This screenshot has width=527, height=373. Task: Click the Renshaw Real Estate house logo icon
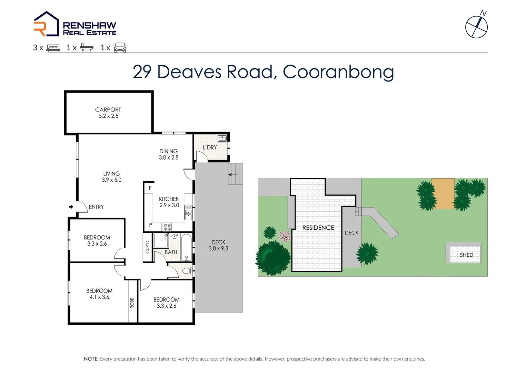(x=46, y=24)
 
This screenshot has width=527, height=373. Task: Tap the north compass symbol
(x=476, y=27)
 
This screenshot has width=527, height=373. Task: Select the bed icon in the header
(x=53, y=48)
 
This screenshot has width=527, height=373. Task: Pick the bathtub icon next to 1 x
(x=87, y=48)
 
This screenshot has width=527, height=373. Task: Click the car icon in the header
(x=120, y=48)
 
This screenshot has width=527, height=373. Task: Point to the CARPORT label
(x=108, y=109)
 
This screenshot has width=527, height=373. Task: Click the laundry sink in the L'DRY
(x=222, y=139)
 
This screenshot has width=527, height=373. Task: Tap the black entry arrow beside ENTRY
(x=71, y=207)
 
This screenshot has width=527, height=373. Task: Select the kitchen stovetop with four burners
(x=167, y=227)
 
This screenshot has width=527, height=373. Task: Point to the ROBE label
(x=132, y=303)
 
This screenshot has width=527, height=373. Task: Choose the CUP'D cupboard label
(x=148, y=247)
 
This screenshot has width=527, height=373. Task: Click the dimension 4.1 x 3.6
(x=99, y=297)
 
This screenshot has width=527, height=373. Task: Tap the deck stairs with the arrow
(x=236, y=174)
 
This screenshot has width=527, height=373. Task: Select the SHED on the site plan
(x=466, y=255)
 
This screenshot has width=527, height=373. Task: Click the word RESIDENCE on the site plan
(x=318, y=228)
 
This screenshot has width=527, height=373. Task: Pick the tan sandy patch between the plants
(x=443, y=194)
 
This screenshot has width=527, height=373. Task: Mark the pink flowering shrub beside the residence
(x=285, y=237)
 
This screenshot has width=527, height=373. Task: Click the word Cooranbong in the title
(x=338, y=72)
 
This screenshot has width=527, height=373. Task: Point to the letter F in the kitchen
(x=150, y=188)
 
